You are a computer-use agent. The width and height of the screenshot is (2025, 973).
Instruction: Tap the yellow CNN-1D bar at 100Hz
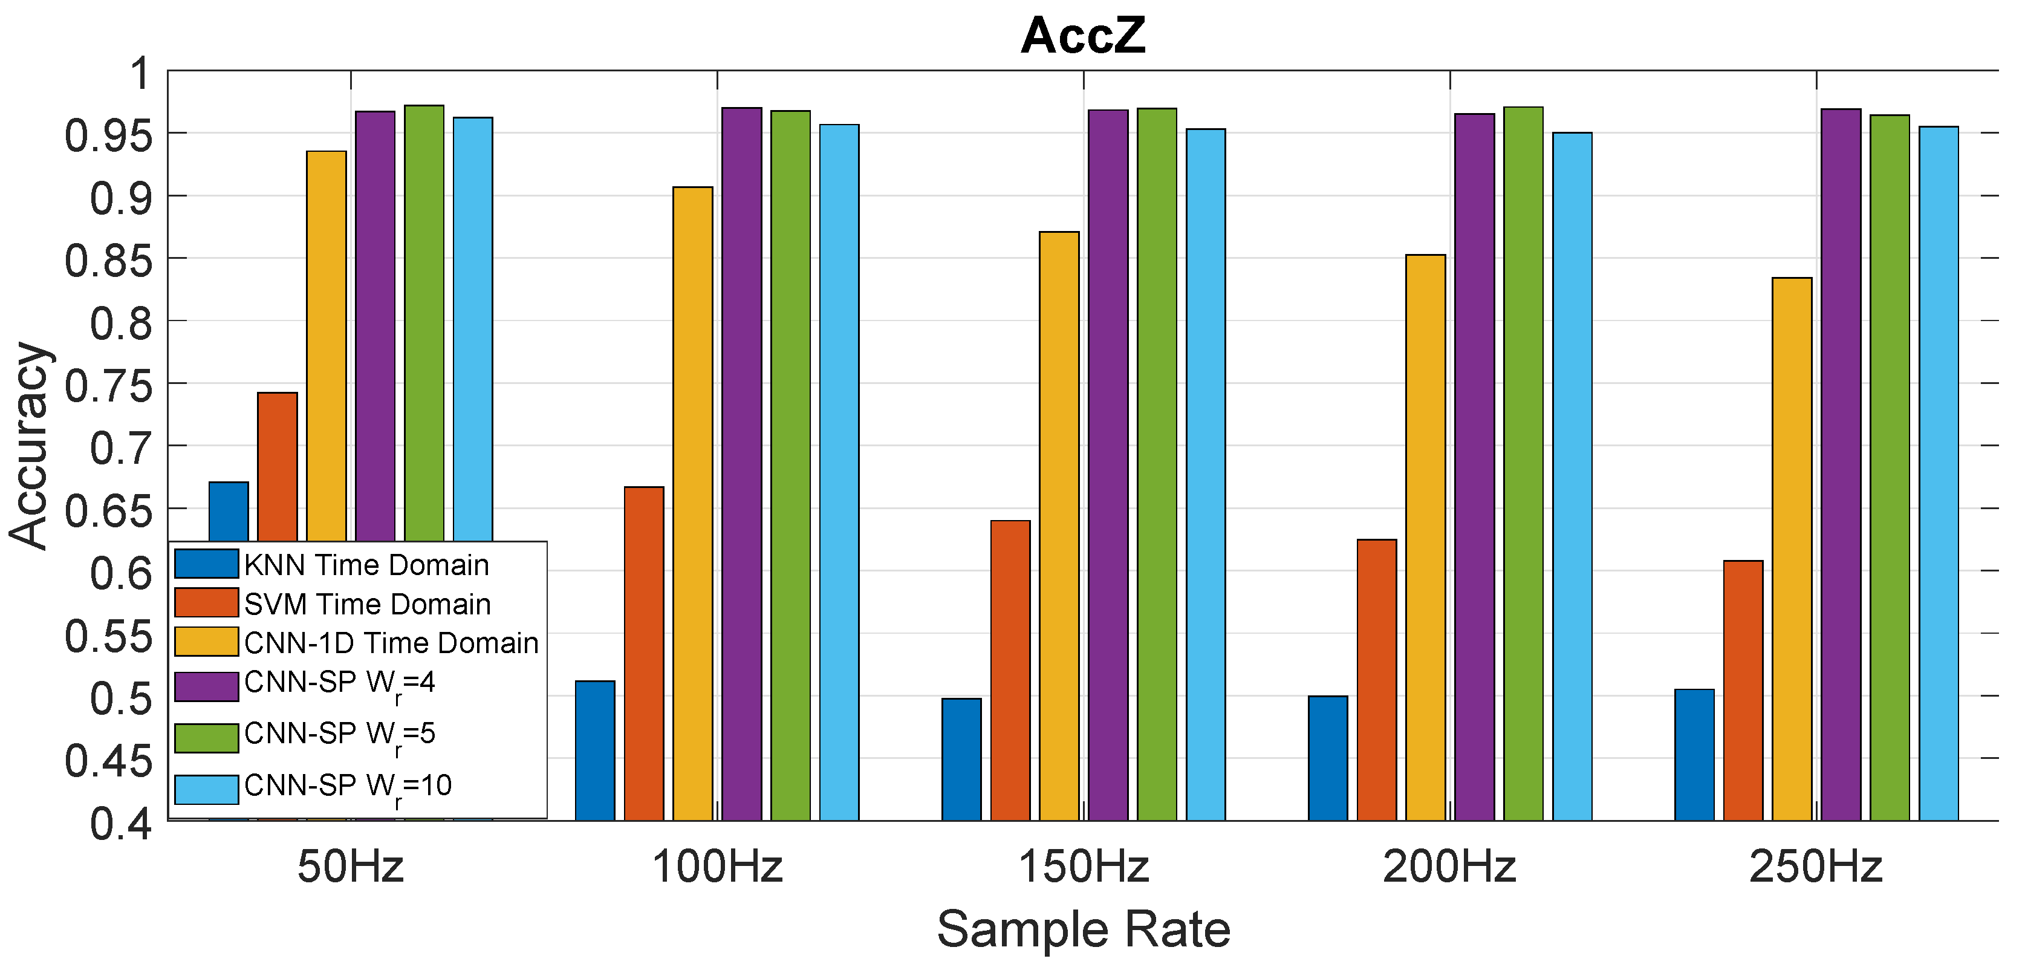[692, 503]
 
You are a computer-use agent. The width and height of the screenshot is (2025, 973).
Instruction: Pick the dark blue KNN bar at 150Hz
[961, 759]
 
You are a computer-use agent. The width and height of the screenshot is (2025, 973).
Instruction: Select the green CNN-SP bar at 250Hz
[1889, 467]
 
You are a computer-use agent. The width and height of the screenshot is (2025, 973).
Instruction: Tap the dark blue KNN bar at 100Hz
[595, 750]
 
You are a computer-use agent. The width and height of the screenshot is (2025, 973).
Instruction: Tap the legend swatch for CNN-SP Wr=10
[206, 789]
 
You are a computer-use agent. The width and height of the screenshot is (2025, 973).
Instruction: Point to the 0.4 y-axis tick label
[120, 824]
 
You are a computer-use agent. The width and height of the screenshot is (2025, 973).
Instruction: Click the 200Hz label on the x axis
[1449, 868]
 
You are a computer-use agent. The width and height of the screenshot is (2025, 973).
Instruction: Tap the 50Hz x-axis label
[351, 868]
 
